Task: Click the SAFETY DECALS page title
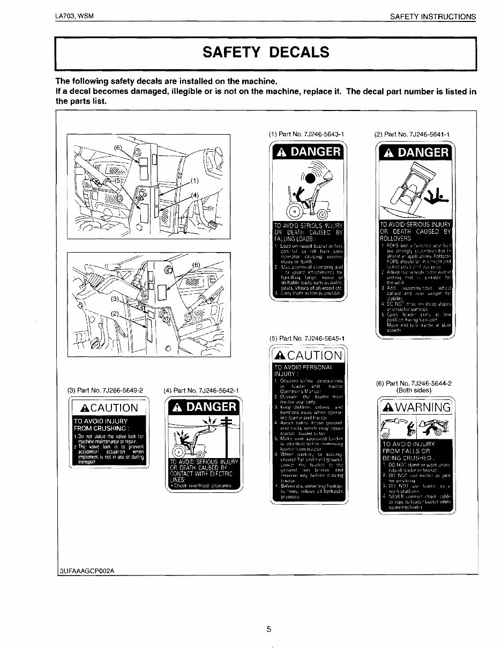265,53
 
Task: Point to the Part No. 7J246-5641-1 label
412,134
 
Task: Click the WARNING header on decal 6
416,407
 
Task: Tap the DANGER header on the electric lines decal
203,407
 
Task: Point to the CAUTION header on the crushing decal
109,408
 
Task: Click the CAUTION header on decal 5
307,356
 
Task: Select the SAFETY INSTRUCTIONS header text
432,17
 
